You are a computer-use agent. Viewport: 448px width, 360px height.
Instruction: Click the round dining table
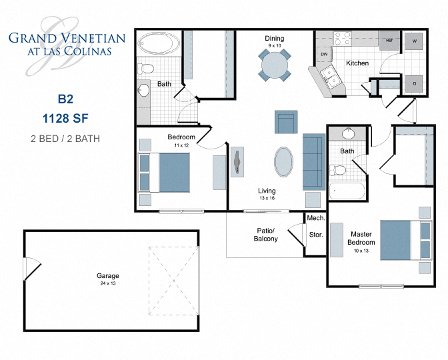[x=275, y=66]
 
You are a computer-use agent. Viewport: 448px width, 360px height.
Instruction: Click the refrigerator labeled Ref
[x=389, y=40]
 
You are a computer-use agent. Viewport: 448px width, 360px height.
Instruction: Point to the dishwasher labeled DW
[x=324, y=54]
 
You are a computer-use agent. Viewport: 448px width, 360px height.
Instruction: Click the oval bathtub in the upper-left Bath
[x=158, y=45]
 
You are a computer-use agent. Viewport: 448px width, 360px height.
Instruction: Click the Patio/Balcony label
[x=265, y=234]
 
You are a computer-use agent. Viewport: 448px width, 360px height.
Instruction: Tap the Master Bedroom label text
[x=361, y=238]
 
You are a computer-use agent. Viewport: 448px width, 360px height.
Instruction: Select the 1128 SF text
[x=65, y=119]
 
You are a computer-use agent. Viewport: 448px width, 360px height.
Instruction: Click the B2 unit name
[x=65, y=99]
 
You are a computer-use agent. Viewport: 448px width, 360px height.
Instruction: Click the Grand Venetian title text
[x=66, y=38]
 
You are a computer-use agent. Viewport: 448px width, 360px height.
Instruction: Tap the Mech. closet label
[x=315, y=218]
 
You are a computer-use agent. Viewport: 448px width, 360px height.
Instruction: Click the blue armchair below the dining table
[x=286, y=123]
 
